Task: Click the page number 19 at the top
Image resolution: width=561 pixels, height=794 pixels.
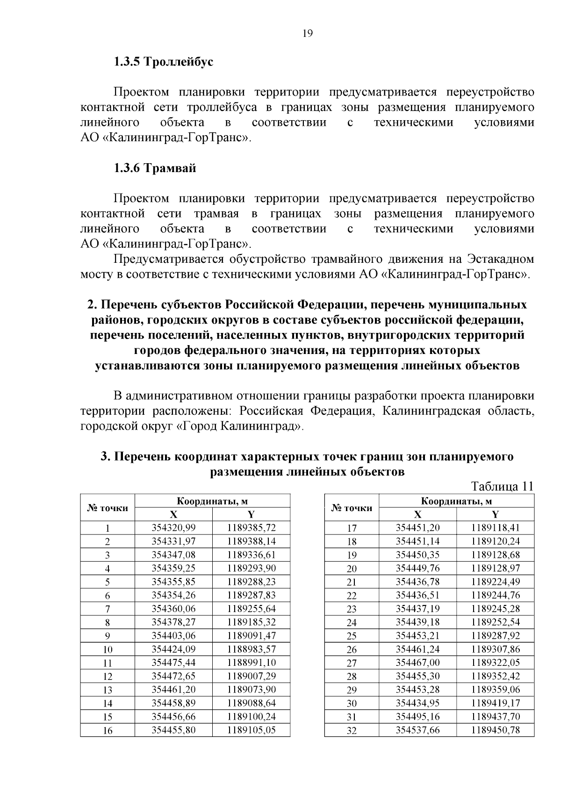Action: [x=307, y=33]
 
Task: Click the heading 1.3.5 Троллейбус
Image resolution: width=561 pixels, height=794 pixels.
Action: [x=164, y=62]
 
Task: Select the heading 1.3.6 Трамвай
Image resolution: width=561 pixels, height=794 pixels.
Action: [x=155, y=168]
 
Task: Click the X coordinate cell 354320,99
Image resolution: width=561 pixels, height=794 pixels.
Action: [x=173, y=528]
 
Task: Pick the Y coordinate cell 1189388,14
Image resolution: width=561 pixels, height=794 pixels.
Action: [x=252, y=541]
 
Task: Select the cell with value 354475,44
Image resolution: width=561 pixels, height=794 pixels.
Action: [x=173, y=663]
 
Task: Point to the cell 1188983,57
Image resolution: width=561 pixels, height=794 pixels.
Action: [x=252, y=649]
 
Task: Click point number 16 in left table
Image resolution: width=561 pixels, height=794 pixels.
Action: [x=108, y=730]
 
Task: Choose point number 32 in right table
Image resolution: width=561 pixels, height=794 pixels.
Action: [x=352, y=730]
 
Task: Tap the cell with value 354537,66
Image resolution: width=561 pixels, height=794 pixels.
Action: [x=417, y=730]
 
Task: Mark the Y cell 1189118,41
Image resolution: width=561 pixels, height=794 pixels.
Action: [x=496, y=528]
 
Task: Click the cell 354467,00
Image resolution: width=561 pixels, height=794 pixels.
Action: [x=417, y=663]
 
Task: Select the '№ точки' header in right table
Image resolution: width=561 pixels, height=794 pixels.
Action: [x=352, y=508]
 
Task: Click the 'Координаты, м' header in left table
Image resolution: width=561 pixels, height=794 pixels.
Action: [x=212, y=501]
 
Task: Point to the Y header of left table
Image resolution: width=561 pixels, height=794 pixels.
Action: [x=251, y=515]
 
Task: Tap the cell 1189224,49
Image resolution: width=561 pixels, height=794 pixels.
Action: [x=496, y=582]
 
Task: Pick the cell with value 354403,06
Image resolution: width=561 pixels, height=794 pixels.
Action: [x=173, y=635]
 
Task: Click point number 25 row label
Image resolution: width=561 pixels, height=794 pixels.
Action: [x=352, y=636]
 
